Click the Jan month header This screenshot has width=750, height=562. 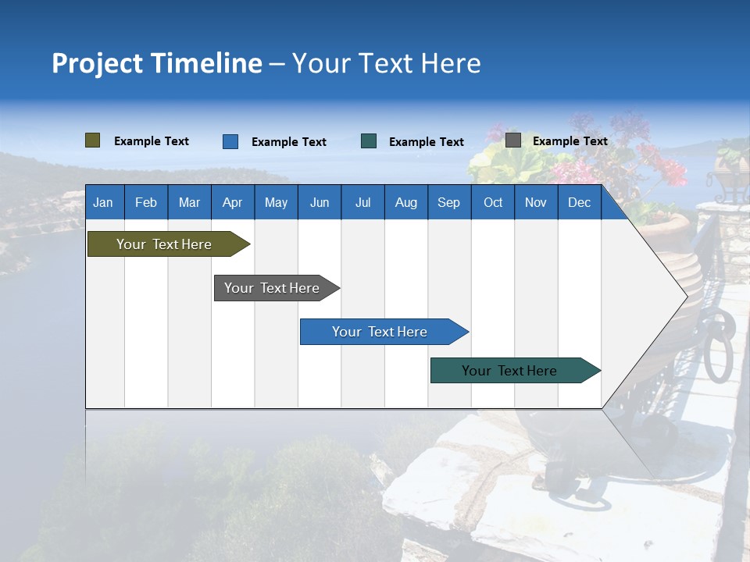point(103,202)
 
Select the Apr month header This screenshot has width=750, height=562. point(232,202)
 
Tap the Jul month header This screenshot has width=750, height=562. point(362,202)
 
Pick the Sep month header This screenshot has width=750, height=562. point(448,202)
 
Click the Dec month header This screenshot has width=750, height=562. point(579,202)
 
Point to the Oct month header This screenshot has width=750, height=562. point(492,202)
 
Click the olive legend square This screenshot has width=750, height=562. point(92,140)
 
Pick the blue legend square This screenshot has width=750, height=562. point(230,141)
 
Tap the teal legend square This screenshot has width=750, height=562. point(369,141)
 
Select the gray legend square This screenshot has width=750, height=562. point(512,140)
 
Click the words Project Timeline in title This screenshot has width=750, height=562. point(156,63)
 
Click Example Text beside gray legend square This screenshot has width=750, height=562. point(570,141)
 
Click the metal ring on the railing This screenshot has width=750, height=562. point(717,344)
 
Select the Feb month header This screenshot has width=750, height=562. point(146,202)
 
